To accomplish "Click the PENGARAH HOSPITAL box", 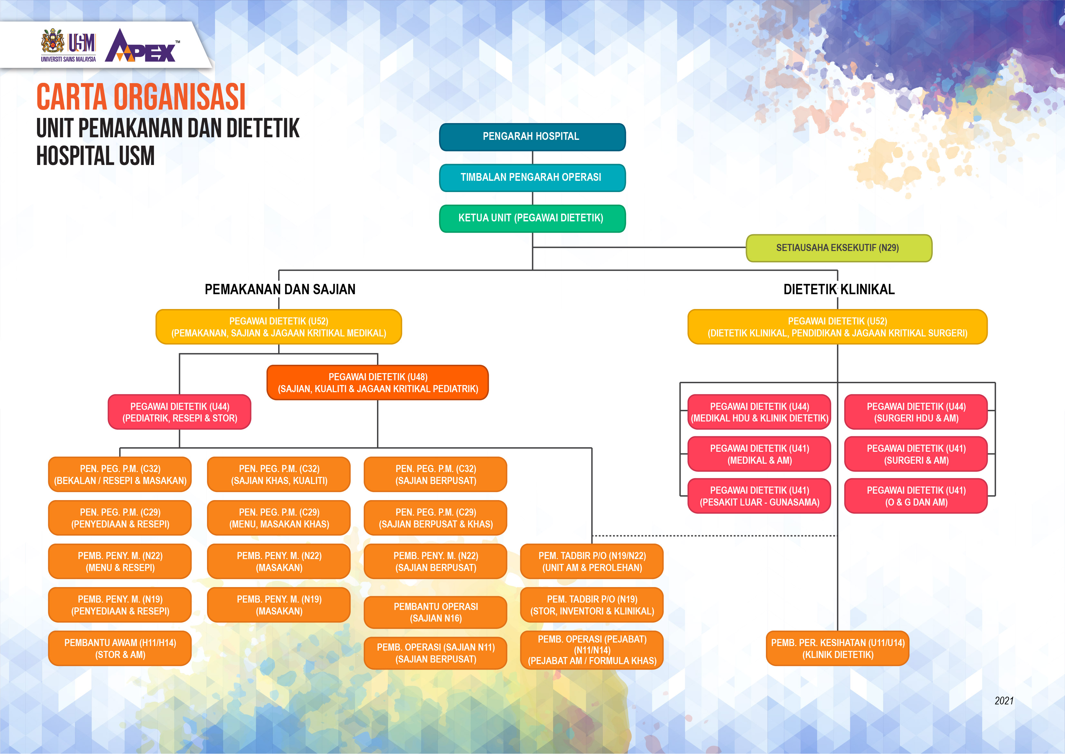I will click(x=532, y=137).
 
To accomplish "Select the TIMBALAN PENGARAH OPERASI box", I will click(x=532, y=177).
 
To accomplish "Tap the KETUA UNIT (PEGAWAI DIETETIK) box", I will click(x=532, y=218).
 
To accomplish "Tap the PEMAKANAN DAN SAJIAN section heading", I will click(x=280, y=289).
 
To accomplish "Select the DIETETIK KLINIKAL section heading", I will click(x=839, y=289).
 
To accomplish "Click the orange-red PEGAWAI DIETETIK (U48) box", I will click(x=378, y=382).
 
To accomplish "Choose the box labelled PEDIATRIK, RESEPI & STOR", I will click(x=180, y=412).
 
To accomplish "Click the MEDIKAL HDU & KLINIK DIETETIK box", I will click(x=759, y=412).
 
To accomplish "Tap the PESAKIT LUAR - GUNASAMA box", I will click(x=759, y=496).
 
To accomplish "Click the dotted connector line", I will click(x=714, y=536).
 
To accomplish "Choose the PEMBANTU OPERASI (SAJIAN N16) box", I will click(x=436, y=613).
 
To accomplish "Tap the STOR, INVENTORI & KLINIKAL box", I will click(x=592, y=605).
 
